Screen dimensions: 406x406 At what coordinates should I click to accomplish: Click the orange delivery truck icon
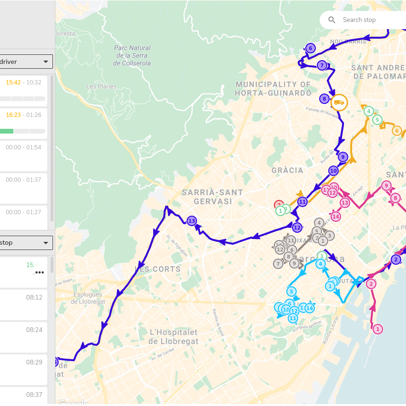339,103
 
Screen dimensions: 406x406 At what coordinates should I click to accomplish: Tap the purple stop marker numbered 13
192,221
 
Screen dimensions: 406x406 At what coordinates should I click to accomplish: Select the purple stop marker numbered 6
311,48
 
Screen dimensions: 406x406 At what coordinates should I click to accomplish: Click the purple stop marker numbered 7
322,65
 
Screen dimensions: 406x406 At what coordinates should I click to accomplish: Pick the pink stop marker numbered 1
378,329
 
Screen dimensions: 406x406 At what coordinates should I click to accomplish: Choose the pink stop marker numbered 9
386,186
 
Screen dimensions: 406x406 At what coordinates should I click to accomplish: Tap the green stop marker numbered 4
368,111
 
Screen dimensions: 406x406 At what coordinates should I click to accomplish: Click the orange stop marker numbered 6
396,131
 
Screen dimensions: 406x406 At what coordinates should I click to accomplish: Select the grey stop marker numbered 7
278,263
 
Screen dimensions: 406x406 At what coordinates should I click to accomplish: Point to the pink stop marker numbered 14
336,217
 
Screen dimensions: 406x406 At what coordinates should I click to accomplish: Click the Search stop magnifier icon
332,20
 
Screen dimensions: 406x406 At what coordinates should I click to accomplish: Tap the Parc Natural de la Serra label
132,55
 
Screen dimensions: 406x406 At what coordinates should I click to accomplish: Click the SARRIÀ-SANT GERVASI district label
212,197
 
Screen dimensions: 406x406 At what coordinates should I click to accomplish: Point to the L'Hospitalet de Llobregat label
173,336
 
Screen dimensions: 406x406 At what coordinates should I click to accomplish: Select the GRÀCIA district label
287,170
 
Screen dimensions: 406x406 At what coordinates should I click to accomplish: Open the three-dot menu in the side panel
40,272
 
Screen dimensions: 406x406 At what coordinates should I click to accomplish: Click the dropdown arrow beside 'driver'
46,62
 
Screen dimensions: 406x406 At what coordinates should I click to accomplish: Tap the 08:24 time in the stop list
34,330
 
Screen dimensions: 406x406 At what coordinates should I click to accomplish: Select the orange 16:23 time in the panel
13,115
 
